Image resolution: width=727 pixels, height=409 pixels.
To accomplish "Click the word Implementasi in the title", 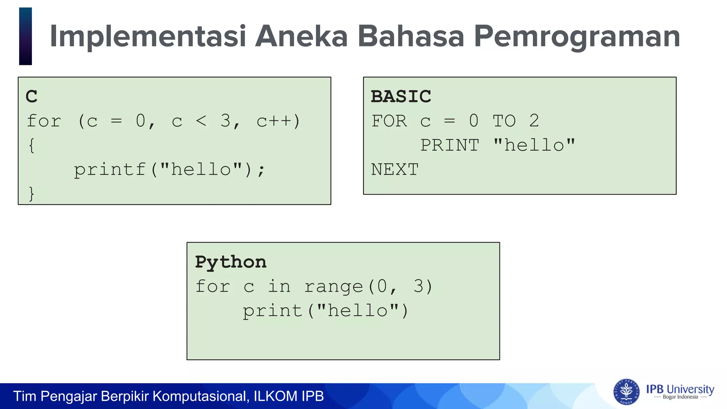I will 148,36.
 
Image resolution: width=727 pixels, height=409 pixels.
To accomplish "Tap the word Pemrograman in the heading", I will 577,36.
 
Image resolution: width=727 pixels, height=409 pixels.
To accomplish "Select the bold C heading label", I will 31,97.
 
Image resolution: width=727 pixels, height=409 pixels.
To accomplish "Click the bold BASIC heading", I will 401,97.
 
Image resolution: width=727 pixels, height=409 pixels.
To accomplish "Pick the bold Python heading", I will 231,262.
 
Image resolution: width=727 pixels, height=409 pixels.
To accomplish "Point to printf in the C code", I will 110,169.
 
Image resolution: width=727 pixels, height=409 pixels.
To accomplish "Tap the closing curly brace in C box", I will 31,194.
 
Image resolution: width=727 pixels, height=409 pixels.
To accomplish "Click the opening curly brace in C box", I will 31,145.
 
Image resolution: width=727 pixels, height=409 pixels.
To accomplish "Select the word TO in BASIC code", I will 504,121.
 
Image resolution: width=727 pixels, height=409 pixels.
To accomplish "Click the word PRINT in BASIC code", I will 450,145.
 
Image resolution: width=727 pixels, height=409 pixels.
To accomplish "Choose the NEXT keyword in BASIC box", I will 395,169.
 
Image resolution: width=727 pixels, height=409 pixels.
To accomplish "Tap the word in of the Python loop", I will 279,286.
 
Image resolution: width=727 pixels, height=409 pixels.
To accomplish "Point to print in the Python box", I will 272,311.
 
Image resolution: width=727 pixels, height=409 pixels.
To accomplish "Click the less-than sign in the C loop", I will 201,121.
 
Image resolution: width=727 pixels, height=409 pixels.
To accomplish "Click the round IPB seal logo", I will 626,392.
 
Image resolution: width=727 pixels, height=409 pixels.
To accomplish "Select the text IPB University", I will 680,389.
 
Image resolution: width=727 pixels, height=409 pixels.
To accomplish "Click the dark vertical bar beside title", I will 26,36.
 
